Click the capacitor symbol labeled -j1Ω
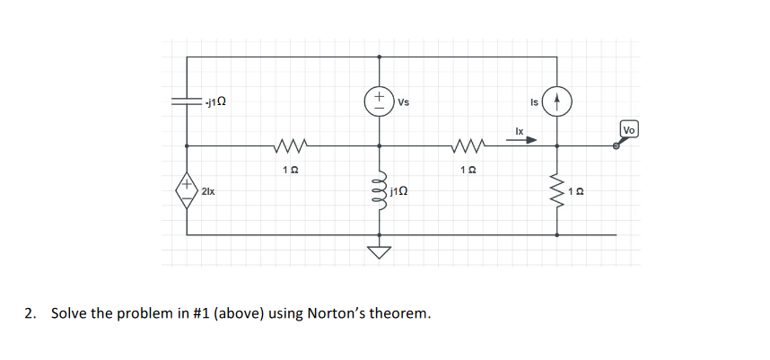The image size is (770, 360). [187, 102]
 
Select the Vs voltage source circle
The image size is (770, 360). [378, 101]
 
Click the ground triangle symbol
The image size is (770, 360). [378, 251]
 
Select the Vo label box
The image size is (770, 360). [629, 130]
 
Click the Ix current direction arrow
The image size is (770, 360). [525, 140]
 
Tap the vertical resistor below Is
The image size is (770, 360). [557, 190]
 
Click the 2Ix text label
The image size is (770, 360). [208, 192]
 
